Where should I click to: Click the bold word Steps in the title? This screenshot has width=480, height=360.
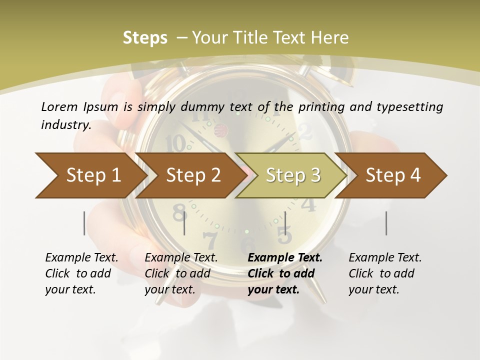pyautogui.click(x=145, y=38)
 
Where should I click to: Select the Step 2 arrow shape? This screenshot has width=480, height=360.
pyautogui.click(x=193, y=175)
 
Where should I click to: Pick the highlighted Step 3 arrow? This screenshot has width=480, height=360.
pyautogui.click(x=293, y=175)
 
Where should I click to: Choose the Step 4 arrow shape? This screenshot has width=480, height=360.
pyautogui.click(x=393, y=175)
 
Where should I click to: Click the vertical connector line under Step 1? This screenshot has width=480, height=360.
pyautogui.click(x=84, y=223)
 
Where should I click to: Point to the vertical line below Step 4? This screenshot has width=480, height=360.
pyautogui.click(x=386, y=223)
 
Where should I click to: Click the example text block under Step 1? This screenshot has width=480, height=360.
pyautogui.click(x=81, y=273)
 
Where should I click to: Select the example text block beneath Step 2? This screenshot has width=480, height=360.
pyautogui.click(x=181, y=273)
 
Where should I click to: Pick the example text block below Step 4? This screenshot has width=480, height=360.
pyautogui.click(x=385, y=273)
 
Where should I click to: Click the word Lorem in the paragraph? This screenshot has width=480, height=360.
pyautogui.click(x=59, y=106)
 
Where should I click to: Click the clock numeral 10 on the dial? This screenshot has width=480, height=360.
pyautogui.click(x=175, y=143)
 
